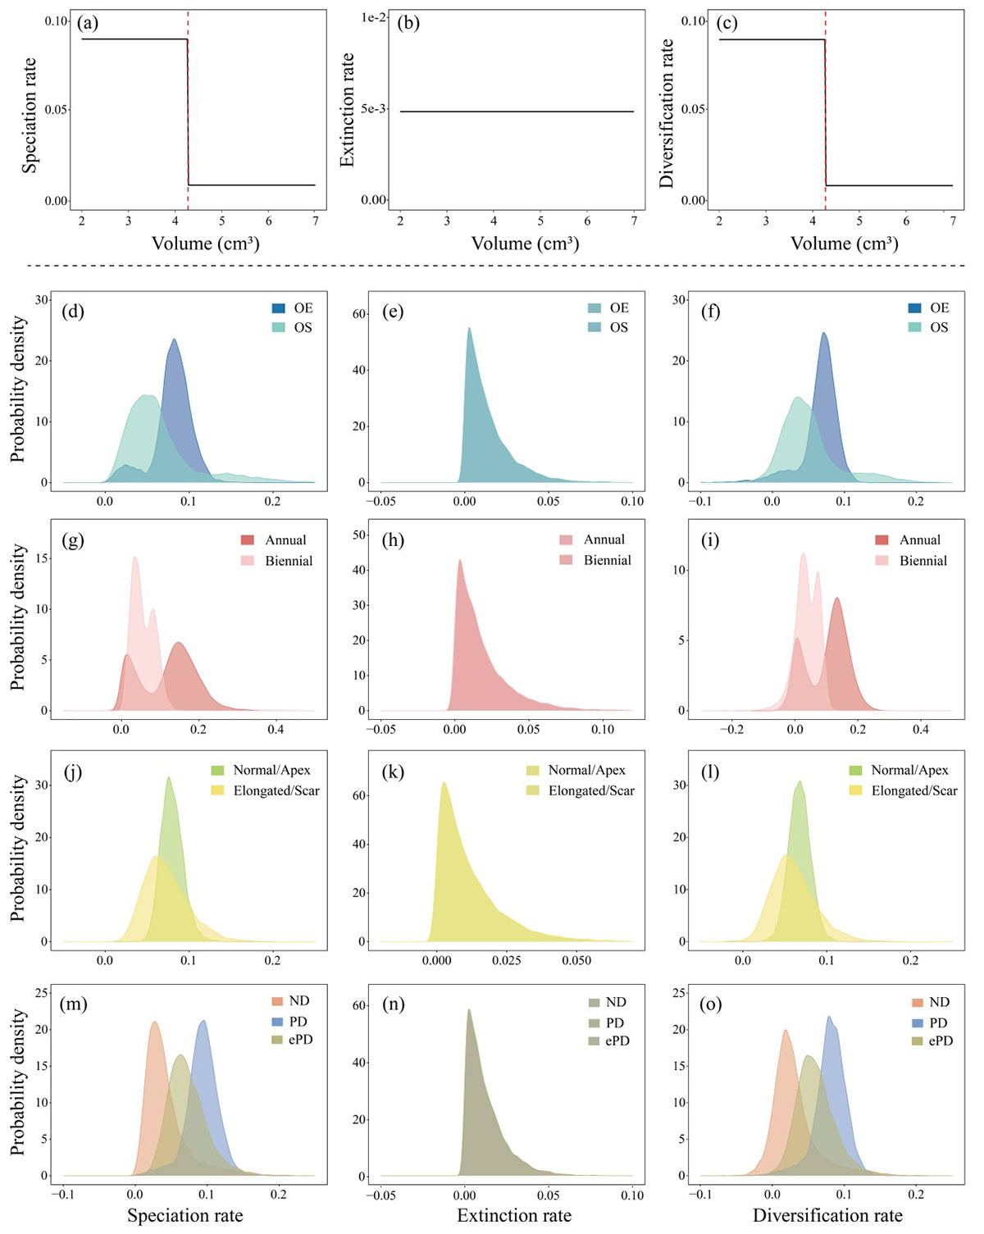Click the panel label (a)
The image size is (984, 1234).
[x=88, y=23]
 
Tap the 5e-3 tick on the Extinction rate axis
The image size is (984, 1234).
[x=374, y=109]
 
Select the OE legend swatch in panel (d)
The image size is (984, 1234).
[x=280, y=308]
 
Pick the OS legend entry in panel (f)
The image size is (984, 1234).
[x=939, y=327]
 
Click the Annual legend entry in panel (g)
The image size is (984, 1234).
[x=285, y=540]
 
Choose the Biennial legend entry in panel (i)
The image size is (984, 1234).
[x=922, y=561]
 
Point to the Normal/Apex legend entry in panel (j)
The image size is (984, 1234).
[x=271, y=771]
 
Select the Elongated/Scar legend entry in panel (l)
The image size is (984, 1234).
[x=914, y=791]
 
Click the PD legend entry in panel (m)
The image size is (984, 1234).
[x=298, y=1022]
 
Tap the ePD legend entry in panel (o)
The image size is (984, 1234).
[x=940, y=1040]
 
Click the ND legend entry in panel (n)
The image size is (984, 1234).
[x=616, y=1002]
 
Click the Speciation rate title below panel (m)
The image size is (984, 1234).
[x=185, y=1215]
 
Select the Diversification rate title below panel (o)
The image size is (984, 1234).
[x=828, y=1215]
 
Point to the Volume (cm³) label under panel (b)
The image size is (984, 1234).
[x=525, y=244]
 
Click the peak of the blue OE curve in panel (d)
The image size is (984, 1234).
[x=174, y=339]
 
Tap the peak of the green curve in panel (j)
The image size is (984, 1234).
[x=169, y=777]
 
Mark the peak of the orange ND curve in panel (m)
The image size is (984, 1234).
[x=154, y=1022]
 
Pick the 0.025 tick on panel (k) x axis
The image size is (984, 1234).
[x=507, y=960]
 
